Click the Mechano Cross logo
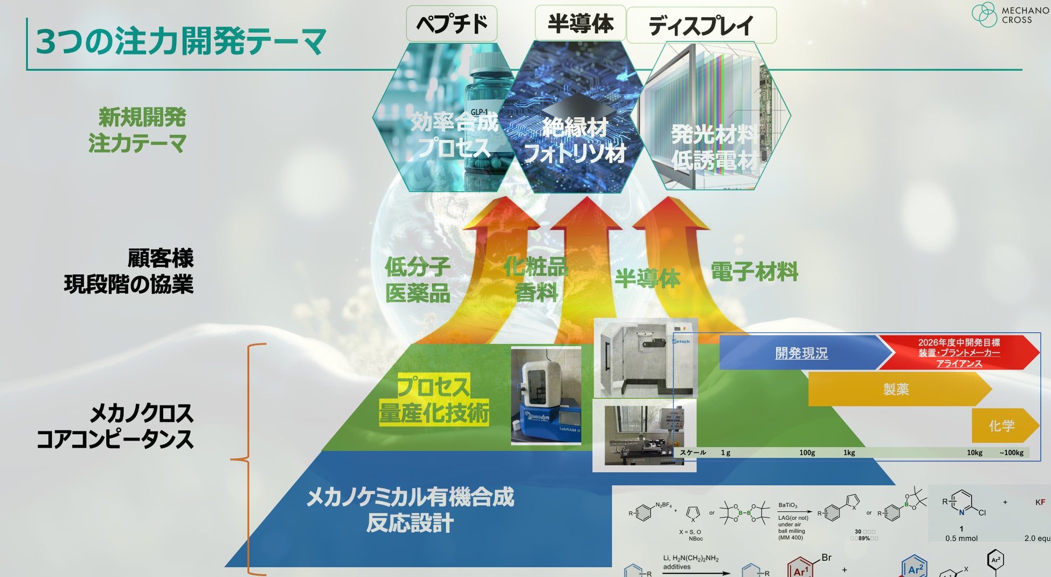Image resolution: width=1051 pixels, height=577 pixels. (x=1009, y=15)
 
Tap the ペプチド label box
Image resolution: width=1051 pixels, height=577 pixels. (x=452, y=24)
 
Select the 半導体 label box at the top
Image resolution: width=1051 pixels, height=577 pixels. (x=580, y=24)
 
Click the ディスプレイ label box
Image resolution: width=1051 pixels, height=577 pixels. (x=701, y=25)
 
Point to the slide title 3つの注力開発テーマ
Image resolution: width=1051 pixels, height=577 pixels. (x=181, y=42)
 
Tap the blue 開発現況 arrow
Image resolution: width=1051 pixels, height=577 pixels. (x=801, y=353)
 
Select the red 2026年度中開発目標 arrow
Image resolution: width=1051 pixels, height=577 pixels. (x=959, y=353)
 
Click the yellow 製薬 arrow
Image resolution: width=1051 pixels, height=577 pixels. (x=896, y=389)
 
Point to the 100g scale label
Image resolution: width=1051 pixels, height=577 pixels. (x=807, y=452)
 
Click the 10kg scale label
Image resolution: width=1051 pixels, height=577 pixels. (x=974, y=452)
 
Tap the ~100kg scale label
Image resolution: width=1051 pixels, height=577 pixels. (x=1011, y=452)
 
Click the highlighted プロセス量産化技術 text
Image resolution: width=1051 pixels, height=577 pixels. (x=434, y=400)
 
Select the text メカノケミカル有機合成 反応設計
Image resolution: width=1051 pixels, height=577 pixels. (x=410, y=509)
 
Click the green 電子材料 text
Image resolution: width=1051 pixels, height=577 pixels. (x=754, y=271)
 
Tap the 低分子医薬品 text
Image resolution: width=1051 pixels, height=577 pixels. (x=418, y=280)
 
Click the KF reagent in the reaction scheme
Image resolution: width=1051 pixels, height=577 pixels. (x=1040, y=502)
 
